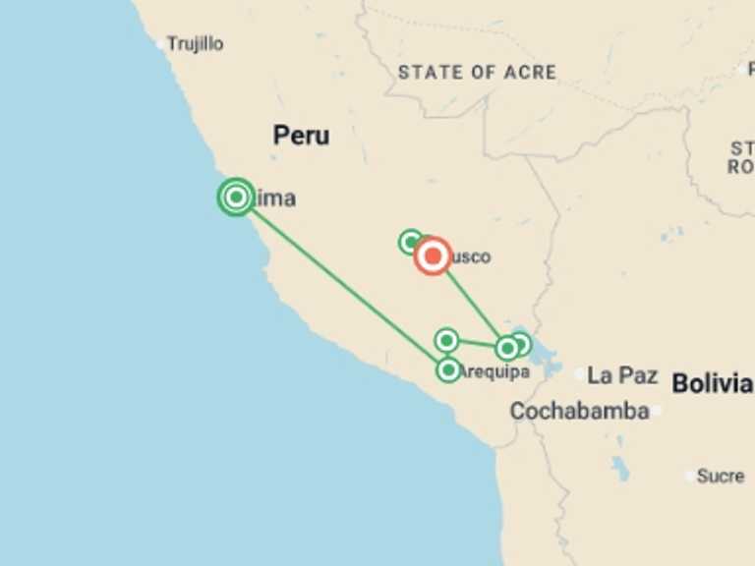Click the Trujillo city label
[195, 44]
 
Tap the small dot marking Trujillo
[160, 44]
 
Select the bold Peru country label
[301, 136]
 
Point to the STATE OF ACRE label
[477, 72]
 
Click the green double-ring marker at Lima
[236, 198]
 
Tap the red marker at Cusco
[433, 256]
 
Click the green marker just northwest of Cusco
[411, 242]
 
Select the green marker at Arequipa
[448, 369]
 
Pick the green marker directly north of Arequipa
[446, 340]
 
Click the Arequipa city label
[495, 371]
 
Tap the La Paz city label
[621, 374]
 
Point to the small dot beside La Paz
[580, 374]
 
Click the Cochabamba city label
[579, 411]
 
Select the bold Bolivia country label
[712, 383]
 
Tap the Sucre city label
[720, 476]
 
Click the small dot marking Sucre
[691, 476]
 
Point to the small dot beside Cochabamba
[655, 411]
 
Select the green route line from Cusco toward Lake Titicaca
[470, 302]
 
